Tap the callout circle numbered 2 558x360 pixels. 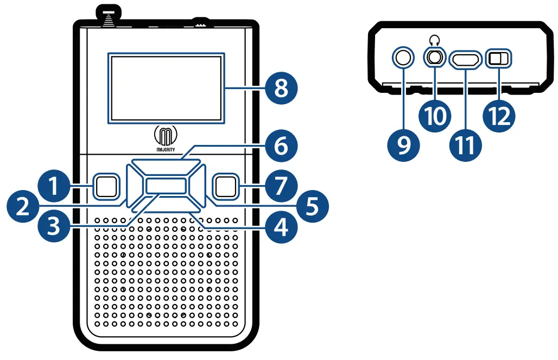[x=23, y=206]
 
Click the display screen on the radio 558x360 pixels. [x=166, y=87]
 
